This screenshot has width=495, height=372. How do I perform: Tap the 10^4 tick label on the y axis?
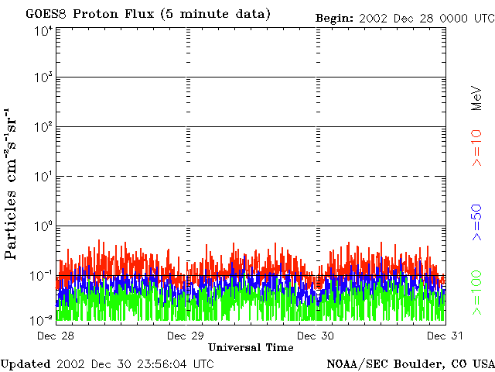click(x=43, y=31)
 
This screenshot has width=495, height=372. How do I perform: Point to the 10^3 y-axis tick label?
click(x=43, y=77)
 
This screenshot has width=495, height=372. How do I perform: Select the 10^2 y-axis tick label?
click(x=43, y=126)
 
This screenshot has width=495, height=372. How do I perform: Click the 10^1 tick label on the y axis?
click(x=43, y=176)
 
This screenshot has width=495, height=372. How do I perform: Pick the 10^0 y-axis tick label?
click(x=43, y=226)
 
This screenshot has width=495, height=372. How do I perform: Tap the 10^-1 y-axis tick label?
click(x=42, y=275)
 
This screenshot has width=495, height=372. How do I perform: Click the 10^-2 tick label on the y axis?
click(x=42, y=319)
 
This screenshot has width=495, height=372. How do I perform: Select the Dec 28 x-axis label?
click(x=56, y=336)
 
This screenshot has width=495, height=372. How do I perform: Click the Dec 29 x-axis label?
click(x=185, y=336)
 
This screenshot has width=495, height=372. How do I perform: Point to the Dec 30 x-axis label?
click(x=315, y=336)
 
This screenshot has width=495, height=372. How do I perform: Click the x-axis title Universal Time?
click(x=251, y=347)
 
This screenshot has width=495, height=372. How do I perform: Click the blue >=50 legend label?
click(x=477, y=222)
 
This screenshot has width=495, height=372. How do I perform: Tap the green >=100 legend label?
click(x=477, y=292)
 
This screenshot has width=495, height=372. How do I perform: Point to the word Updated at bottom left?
click(x=26, y=363)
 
